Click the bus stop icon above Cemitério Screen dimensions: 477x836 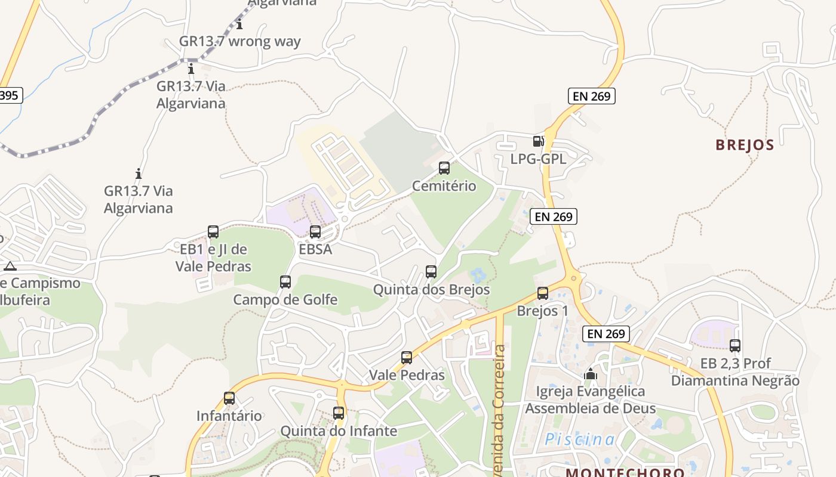[x=444, y=168]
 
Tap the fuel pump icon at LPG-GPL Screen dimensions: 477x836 [x=538, y=141]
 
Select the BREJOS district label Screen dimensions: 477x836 [x=745, y=145]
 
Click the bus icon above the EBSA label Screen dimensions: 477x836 [x=315, y=232]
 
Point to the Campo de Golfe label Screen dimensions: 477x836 [x=285, y=299]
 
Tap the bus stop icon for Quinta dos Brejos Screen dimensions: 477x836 [x=431, y=272]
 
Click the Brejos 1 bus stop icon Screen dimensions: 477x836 [x=542, y=293]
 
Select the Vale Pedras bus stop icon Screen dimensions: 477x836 [x=407, y=358]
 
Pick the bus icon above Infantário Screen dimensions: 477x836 [x=229, y=398]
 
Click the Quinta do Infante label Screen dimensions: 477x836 [x=339, y=430]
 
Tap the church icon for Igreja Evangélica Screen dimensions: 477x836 [x=591, y=374]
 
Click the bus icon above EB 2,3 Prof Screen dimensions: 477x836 [x=735, y=345]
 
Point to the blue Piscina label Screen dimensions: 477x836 [x=579, y=440]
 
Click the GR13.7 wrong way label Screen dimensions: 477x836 [x=240, y=42]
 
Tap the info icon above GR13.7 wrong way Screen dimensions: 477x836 [x=239, y=24]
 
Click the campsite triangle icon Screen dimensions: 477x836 [x=10, y=266]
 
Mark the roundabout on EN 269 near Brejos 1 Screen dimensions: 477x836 [x=574, y=277]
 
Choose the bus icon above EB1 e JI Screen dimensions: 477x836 [x=213, y=232]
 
